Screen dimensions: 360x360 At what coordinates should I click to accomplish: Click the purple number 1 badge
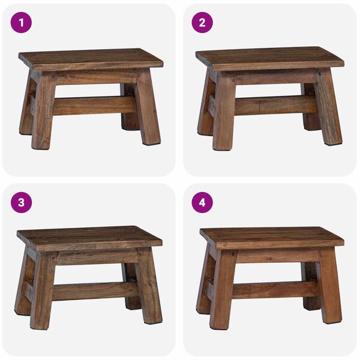pyautogui.click(x=22, y=23)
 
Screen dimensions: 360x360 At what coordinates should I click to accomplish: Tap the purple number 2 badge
pyautogui.click(x=202, y=23)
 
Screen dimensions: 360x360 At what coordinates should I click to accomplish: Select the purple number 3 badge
pyautogui.click(x=22, y=202)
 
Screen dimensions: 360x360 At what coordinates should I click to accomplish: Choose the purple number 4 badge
pyautogui.click(x=202, y=202)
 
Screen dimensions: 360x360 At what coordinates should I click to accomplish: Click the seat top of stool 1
pyautogui.click(x=90, y=58)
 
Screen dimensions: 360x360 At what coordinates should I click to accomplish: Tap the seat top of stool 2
pyautogui.click(x=270, y=58)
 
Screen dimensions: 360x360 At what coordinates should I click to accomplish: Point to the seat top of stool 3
pyautogui.click(x=90, y=236)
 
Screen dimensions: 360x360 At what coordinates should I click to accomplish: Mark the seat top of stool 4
pyautogui.click(x=271, y=236)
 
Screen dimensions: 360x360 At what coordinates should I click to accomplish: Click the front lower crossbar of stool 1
pyautogui.click(x=95, y=106)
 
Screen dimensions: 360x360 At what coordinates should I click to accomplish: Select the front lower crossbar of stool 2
pyautogui.click(x=275, y=105)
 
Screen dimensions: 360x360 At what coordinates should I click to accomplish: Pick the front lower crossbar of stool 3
pyautogui.click(x=95, y=291)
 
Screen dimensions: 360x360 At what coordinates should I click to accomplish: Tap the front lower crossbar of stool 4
pyautogui.click(x=275, y=289)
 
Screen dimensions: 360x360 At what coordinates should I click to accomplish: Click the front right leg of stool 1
pyautogui.click(x=148, y=111)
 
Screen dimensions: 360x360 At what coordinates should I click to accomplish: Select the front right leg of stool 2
pyautogui.click(x=328, y=111)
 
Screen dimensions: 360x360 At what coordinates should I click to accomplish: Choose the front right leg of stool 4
pyautogui.click(x=330, y=289)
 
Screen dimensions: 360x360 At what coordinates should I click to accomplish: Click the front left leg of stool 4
pyautogui.click(x=222, y=293)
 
